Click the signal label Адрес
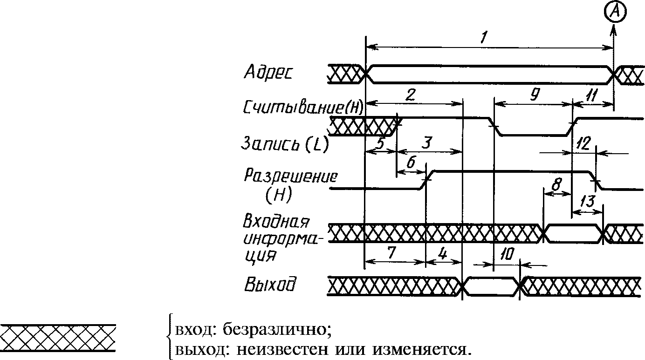[x=268, y=72]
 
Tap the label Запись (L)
[x=284, y=144]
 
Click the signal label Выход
[x=270, y=284]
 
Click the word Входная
[x=276, y=221]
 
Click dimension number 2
[x=410, y=95]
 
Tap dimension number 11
[x=592, y=96]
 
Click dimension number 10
[x=507, y=255]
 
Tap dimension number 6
[x=411, y=163]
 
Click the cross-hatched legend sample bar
[x=58, y=338]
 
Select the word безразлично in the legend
[x=277, y=331]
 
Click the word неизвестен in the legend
[x=282, y=350]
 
